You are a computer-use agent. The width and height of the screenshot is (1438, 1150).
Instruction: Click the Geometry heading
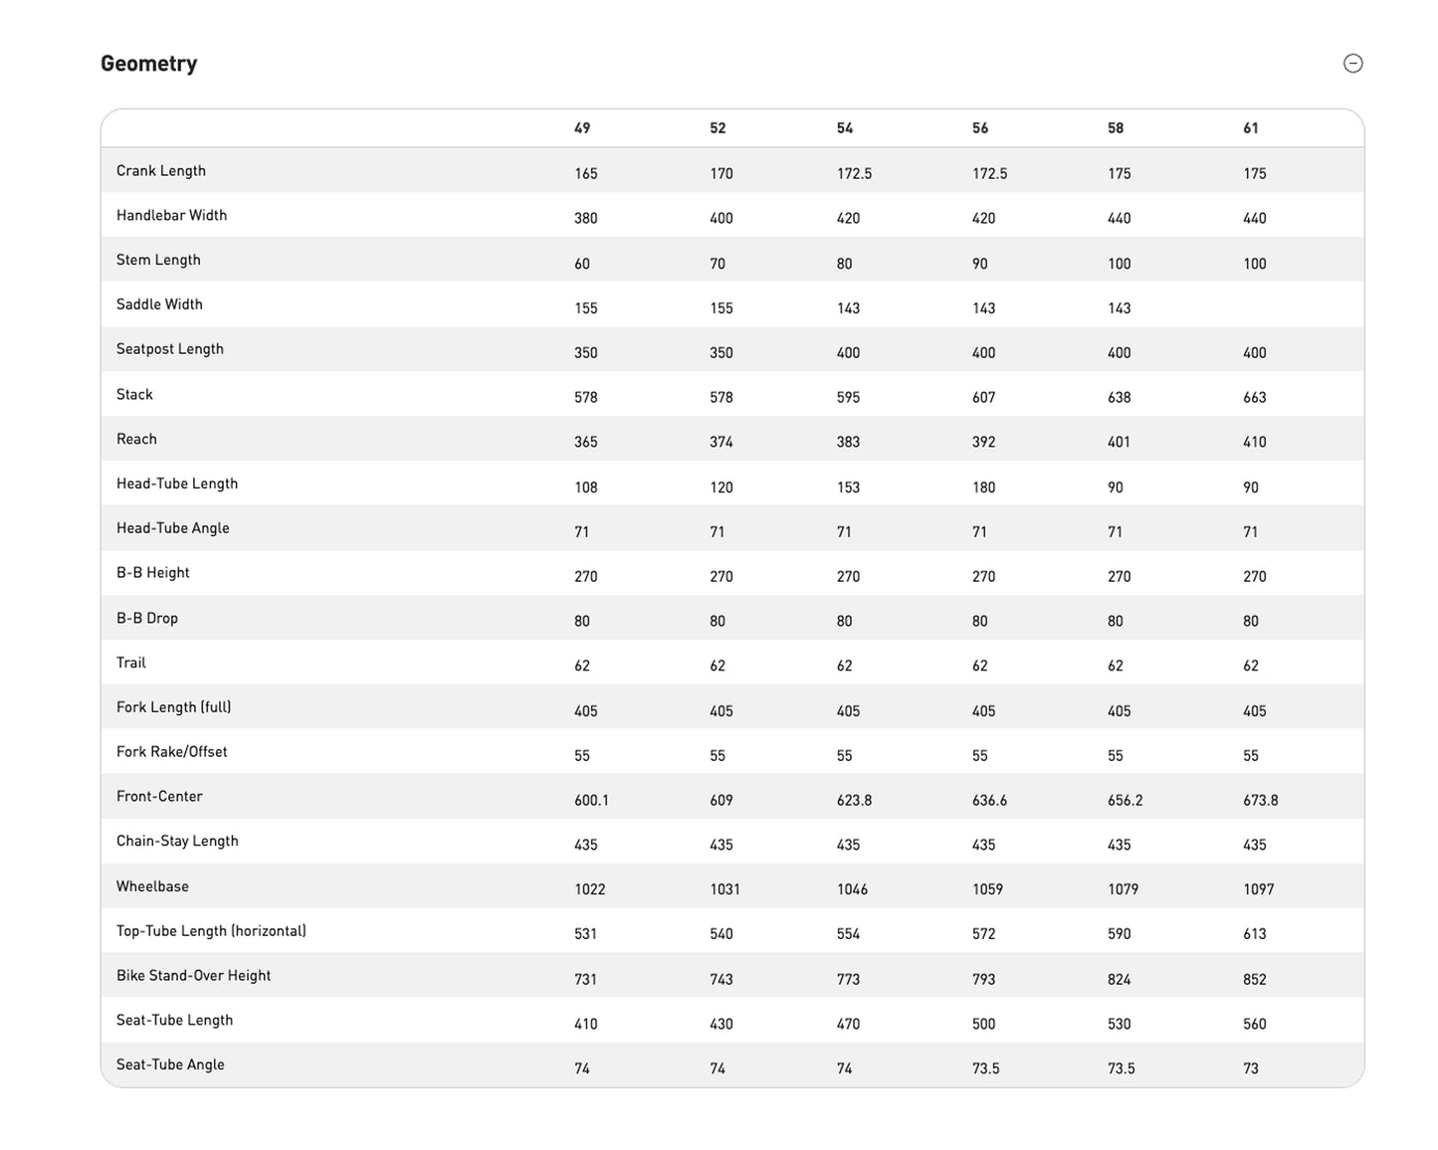pyautogui.click(x=148, y=64)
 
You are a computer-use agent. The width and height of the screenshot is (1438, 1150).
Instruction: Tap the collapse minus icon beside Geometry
pyautogui.click(x=1352, y=64)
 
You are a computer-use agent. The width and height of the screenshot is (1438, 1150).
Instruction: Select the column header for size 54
pyautogui.click(x=845, y=128)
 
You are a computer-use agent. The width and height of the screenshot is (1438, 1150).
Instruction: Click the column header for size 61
pyautogui.click(x=1251, y=128)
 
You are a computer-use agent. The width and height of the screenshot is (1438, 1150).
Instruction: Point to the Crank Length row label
pyautogui.click(x=161, y=171)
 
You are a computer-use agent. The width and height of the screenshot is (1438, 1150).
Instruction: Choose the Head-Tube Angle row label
pyautogui.click(x=173, y=528)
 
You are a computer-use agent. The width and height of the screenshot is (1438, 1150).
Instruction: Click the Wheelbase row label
pyautogui.click(x=152, y=886)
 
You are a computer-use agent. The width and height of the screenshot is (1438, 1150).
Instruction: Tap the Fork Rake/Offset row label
pyautogui.click(x=172, y=752)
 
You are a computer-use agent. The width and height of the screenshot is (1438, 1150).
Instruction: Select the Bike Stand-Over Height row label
pyautogui.click(x=194, y=976)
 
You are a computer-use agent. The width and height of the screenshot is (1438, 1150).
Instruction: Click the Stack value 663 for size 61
pyautogui.click(x=1255, y=398)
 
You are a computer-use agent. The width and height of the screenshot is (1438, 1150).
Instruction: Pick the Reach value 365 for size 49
pyautogui.click(x=586, y=443)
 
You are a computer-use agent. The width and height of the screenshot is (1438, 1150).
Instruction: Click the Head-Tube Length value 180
pyautogui.click(x=984, y=487)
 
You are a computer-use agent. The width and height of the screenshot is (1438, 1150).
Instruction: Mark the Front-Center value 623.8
pyautogui.click(x=855, y=801)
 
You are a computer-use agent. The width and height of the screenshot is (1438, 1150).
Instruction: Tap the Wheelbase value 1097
pyautogui.click(x=1259, y=889)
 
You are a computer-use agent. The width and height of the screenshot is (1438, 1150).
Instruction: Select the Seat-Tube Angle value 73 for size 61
pyautogui.click(x=1251, y=1068)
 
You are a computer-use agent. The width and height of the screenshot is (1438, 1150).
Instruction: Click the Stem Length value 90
pyautogui.click(x=980, y=264)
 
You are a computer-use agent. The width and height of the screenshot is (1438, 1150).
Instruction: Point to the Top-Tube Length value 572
pyautogui.click(x=984, y=934)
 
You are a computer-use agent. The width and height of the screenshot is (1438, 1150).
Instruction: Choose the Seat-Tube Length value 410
pyautogui.click(x=586, y=1024)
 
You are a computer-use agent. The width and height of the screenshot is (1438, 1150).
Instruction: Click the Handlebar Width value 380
pyautogui.click(x=586, y=219)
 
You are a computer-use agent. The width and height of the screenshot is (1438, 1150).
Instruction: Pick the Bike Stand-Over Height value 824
pyautogui.click(x=1120, y=979)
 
